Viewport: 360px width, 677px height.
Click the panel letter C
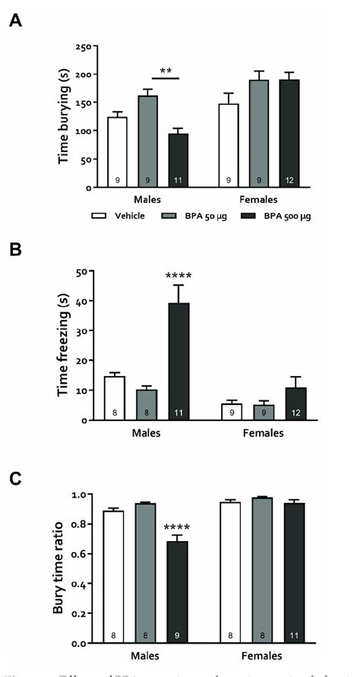[x=14, y=479]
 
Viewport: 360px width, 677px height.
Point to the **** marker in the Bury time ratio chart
[x=178, y=527]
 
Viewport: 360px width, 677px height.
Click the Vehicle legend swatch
[x=98, y=216]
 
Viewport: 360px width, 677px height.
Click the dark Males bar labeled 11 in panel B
[x=178, y=361]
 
